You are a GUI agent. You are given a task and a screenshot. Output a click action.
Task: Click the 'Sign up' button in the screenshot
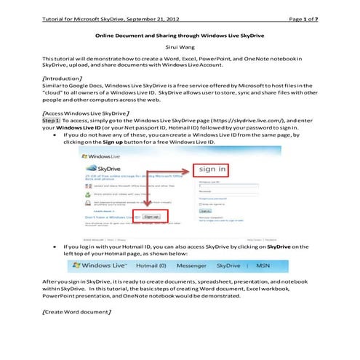151,216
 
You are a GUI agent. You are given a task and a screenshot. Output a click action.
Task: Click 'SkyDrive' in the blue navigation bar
246,266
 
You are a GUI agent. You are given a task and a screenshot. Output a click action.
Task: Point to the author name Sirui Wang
180,44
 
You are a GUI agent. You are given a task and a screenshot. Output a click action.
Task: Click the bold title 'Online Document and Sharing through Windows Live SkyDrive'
180,33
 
